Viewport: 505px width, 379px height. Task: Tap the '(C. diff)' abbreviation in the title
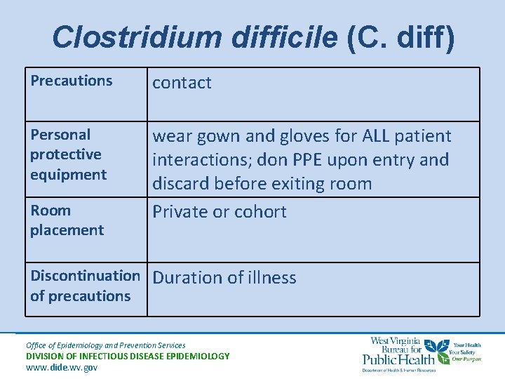400,37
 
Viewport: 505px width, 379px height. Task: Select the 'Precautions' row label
71,81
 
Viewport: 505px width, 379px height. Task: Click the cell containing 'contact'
182,83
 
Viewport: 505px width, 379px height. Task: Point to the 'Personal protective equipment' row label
68,154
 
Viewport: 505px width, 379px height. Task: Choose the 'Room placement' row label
67,220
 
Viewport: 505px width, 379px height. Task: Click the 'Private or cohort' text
220,211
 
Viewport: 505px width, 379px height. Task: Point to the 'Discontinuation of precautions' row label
84,286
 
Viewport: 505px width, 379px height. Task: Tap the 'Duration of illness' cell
224,277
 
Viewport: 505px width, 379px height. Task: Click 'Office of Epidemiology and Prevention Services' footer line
105,345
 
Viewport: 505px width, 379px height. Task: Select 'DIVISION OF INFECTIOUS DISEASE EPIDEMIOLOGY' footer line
128,356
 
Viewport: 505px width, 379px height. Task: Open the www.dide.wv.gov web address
62,367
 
